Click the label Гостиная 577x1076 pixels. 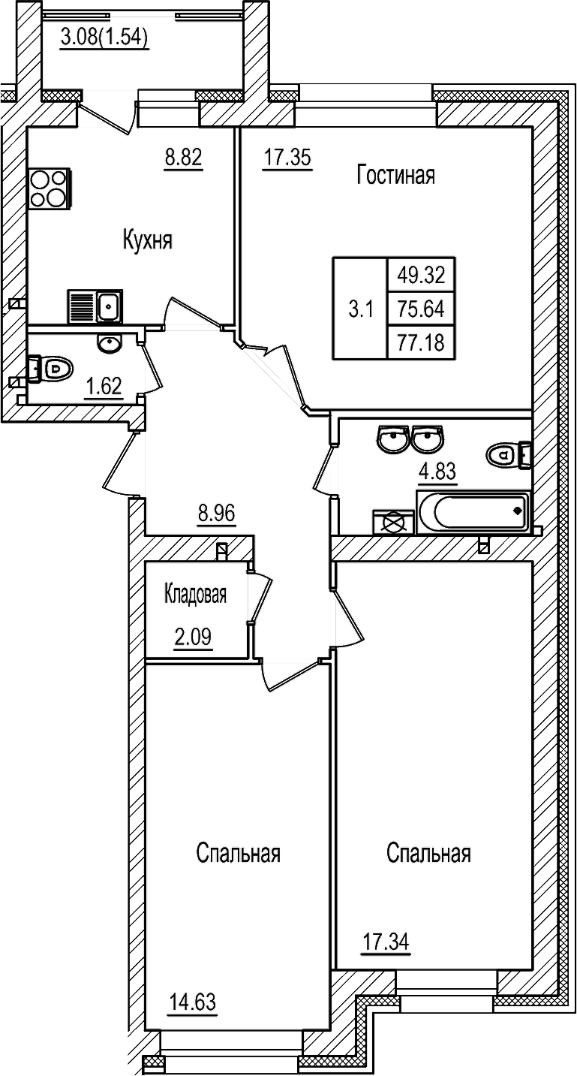396,176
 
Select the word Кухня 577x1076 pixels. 148,241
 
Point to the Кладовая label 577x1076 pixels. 195,595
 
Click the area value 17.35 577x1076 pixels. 287,158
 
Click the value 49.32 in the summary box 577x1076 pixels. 421,276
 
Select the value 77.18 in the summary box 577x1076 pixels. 421,343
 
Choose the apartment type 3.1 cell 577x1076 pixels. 360,309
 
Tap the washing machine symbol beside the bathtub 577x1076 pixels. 393,522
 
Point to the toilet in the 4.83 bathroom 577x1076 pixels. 508,454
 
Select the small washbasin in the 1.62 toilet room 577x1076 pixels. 110,344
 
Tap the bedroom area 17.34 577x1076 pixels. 386,940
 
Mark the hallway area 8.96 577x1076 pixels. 217,514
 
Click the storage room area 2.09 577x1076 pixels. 192,637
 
